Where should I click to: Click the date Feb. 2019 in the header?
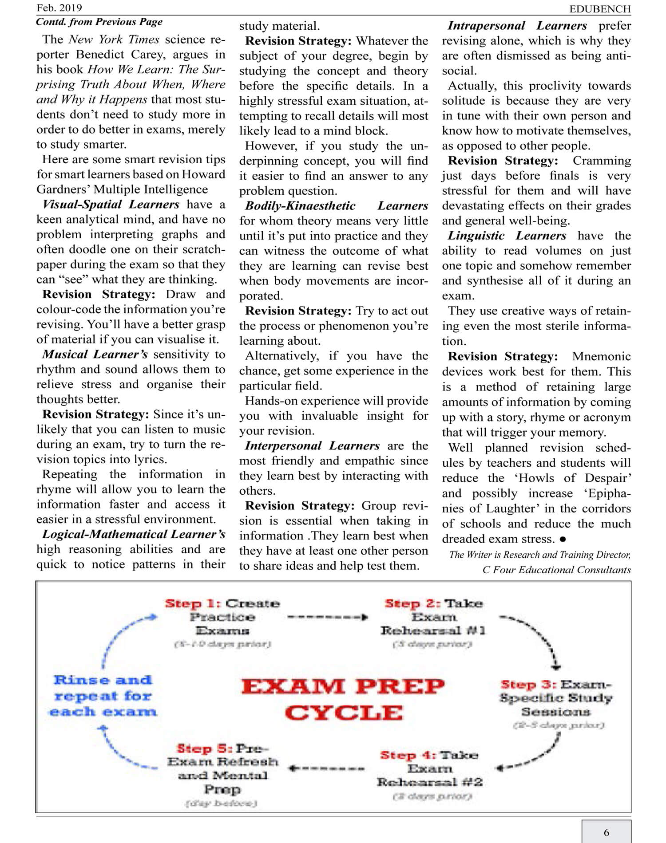pos(59,8)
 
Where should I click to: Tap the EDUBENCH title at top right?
pos(600,9)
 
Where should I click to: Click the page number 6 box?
pos(606,832)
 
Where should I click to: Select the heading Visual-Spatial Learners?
pos(111,205)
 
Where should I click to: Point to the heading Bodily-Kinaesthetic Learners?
pos(336,206)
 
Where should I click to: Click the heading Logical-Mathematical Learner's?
pos(134,534)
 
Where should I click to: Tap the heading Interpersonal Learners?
pos(312,446)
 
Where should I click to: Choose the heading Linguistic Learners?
pos(507,236)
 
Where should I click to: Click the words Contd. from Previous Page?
pos(99,22)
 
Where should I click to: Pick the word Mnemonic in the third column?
pos(601,356)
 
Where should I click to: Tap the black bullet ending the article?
pos(563,539)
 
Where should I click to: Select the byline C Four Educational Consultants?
pos(556,570)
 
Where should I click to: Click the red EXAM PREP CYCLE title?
pos(343,700)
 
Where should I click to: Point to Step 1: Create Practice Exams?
pos(222,617)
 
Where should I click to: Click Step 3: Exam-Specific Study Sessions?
pos(556,698)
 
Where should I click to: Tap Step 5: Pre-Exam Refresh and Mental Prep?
pos(222,769)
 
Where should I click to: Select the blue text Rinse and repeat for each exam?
pos(103,696)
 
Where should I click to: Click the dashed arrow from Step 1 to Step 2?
pos(328,617)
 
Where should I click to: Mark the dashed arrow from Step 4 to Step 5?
pos(327,768)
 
